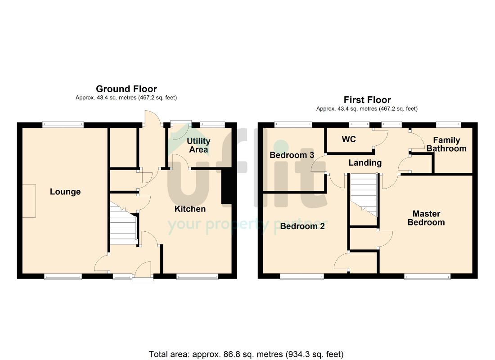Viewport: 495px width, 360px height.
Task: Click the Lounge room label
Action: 65,192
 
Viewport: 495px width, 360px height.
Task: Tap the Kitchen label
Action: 190,209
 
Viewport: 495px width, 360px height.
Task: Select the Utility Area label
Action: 198,145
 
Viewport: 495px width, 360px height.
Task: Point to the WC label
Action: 349,139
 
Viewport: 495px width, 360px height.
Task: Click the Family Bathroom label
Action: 446,144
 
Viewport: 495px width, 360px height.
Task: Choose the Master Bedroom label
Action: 426,218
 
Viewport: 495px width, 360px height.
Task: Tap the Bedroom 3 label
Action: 292,155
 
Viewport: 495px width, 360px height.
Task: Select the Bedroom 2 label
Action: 302,226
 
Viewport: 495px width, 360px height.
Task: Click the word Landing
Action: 365,162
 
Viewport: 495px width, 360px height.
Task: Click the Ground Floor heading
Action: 126,89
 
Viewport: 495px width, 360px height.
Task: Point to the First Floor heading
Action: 367,100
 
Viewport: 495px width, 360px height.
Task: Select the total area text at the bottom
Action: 246,354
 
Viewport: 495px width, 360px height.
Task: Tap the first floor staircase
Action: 364,194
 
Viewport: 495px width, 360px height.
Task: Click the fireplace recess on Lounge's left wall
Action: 29,201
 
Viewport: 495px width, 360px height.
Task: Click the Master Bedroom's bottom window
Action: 427,277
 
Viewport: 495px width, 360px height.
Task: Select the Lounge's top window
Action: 63,125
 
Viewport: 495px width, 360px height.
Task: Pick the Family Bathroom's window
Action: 448,124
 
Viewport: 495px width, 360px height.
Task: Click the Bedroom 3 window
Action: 293,124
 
